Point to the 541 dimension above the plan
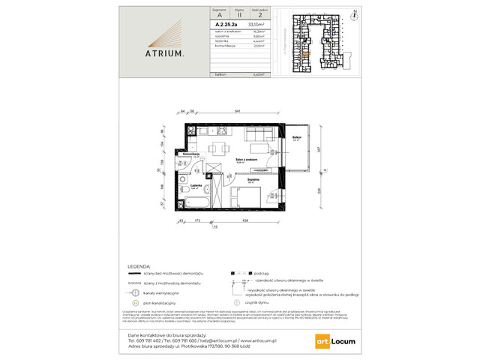point(237,111)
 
